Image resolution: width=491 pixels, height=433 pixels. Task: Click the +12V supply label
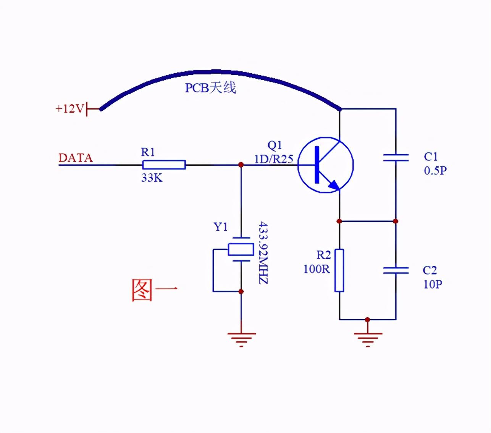69,109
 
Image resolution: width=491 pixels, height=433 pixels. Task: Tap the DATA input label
75,158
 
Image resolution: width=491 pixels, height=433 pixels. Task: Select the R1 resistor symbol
164,165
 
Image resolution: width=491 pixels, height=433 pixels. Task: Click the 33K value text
152,178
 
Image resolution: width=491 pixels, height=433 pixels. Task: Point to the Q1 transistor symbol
325,165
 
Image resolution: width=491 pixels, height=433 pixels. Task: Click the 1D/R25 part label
273,159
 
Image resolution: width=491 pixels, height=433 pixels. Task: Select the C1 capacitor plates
396,158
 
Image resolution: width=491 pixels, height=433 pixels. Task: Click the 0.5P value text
435,170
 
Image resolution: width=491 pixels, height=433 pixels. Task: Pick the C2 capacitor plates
396,270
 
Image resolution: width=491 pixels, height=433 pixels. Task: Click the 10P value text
433,284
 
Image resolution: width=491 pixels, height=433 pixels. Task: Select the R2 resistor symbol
339,270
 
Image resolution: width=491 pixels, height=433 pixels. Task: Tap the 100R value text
317,269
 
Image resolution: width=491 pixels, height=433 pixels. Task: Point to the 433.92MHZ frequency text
263,252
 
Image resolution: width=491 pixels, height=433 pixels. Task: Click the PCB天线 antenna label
210,88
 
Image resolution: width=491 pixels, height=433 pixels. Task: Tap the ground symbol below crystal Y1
241,338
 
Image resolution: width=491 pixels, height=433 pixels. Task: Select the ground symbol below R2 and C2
368,338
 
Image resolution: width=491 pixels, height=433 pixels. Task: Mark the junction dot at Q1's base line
241,165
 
